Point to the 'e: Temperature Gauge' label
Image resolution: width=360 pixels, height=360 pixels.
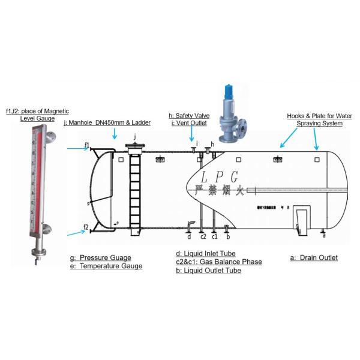click(106, 266)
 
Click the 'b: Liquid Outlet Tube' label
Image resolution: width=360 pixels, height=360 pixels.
click(208, 271)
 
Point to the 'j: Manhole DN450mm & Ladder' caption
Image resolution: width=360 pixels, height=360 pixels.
click(107, 122)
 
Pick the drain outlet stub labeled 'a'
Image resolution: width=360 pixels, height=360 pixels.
click(323, 230)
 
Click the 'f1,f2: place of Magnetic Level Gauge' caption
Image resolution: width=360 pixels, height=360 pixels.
click(37, 115)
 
